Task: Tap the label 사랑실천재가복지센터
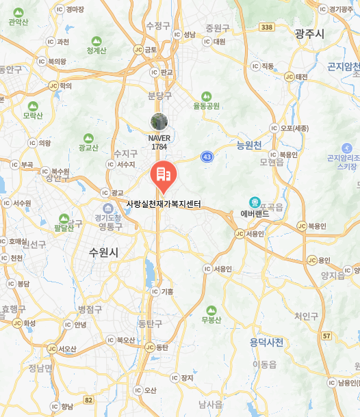click(x=163, y=204)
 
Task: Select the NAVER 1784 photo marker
click(x=159, y=122)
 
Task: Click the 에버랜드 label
click(x=255, y=214)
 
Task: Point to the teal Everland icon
click(x=255, y=202)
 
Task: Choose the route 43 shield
click(x=206, y=157)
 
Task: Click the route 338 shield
click(x=267, y=27)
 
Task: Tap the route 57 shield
click(x=326, y=336)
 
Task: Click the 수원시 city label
click(x=103, y=252)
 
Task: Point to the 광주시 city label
click(x=309, y=33)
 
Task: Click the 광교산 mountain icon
click(x=88, y=136)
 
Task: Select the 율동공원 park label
click(x=206, y=106)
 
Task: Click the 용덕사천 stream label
click(x=266, y=342)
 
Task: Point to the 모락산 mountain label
click(x=33, y=116)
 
